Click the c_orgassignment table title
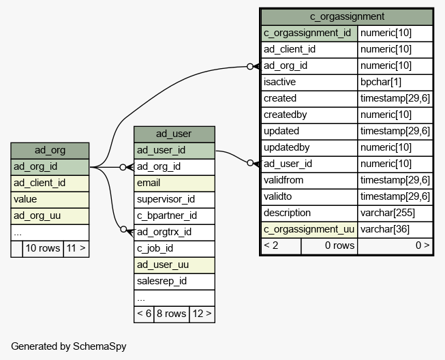tap(347, 16)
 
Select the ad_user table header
tap(174, 134)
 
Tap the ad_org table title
tap(50, 150)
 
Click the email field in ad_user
tap(174, 183)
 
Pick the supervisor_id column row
tap(174, 200)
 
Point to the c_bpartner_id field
tap(174, 216)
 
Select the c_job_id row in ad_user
tap(174, 249)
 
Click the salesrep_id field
tap(174, 282)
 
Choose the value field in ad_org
tap(50, 200)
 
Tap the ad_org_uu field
tap(50, 216)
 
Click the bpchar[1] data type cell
tap(395, 82)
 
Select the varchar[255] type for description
tap(395, 213)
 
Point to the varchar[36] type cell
tap(395, 230)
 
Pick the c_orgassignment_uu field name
tap(309, 230)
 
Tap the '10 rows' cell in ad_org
tap(43, 249)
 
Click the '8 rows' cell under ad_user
tap(172, 314)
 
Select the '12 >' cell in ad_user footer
tap(202, 314)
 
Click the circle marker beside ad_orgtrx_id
tap(123, 229)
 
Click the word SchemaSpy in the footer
tap(99, 346)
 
